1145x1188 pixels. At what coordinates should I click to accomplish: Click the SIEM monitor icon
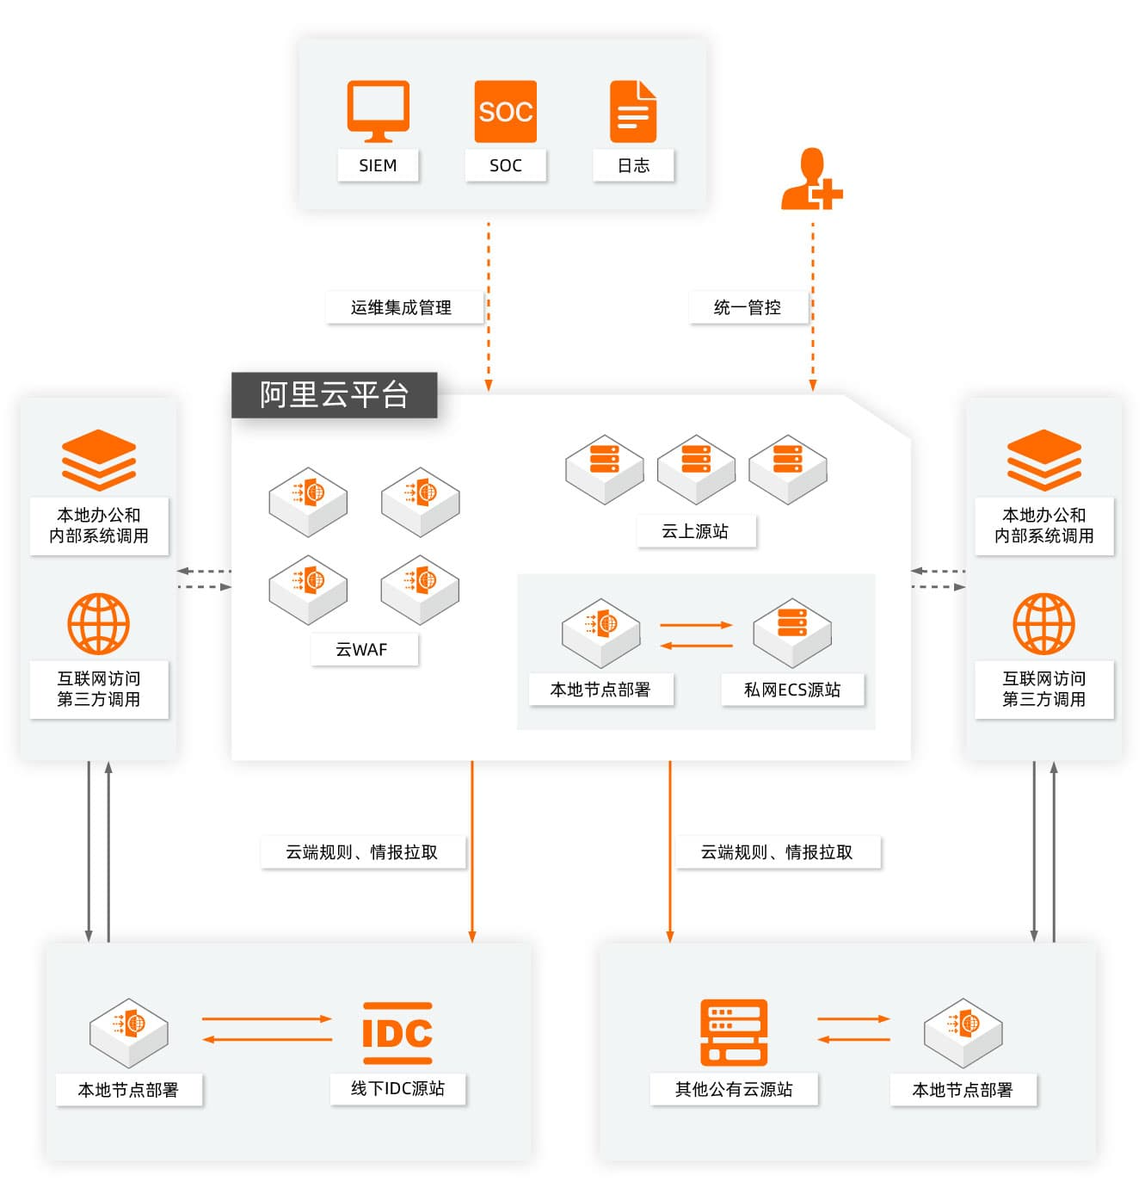tap(378, 111)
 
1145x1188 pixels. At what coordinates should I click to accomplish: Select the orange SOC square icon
tap(506, 112)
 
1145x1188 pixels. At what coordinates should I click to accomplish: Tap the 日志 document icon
tap(633, 112)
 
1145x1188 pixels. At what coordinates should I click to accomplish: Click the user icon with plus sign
tap(810, 181)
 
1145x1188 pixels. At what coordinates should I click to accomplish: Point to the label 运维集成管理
tap(401, 307)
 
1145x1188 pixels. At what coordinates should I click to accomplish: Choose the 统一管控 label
tap(747, 307)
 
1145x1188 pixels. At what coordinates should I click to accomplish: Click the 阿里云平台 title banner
tap(334, 395)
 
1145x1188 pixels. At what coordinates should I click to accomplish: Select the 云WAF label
tap(362, 649)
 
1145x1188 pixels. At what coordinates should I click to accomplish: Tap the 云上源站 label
tap(695, 531)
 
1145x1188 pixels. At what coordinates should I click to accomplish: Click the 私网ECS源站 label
tap(792, 690)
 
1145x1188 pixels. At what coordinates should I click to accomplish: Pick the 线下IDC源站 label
tap(397, 1088)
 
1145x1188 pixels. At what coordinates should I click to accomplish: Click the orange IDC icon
tap(397, 1032)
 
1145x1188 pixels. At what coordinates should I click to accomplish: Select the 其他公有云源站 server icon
tap(734, 1032)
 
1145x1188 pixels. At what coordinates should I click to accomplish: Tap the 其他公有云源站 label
tap(734, 1089)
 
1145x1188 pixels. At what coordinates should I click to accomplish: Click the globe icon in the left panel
tap(99, 623)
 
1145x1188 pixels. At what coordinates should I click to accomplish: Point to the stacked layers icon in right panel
tap(1043, 460)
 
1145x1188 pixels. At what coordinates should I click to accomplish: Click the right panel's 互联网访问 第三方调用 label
tap(1043, 689)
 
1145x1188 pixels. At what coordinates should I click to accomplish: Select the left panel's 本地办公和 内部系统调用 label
tap(99, 525)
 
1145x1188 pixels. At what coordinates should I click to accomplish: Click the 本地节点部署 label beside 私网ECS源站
tap(600, 690)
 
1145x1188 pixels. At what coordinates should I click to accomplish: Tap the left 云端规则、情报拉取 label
tap(362, 852)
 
